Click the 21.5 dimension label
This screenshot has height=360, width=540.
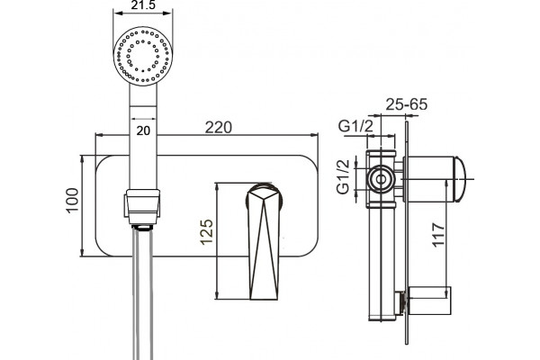click(143, 4)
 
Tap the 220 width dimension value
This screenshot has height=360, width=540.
click(219, 128)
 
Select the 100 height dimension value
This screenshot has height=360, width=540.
click(72, 201)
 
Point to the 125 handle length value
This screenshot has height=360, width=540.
click(207, 232)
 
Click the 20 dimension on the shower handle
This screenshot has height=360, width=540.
click(143, 130)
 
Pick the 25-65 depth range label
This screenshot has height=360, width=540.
click(407, 104)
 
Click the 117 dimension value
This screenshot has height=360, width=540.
click(439, 235)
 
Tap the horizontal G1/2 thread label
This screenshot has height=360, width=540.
click(355, 127)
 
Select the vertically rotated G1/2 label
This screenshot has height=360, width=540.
click(343, 177)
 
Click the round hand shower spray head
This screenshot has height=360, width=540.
click(143, 57)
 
